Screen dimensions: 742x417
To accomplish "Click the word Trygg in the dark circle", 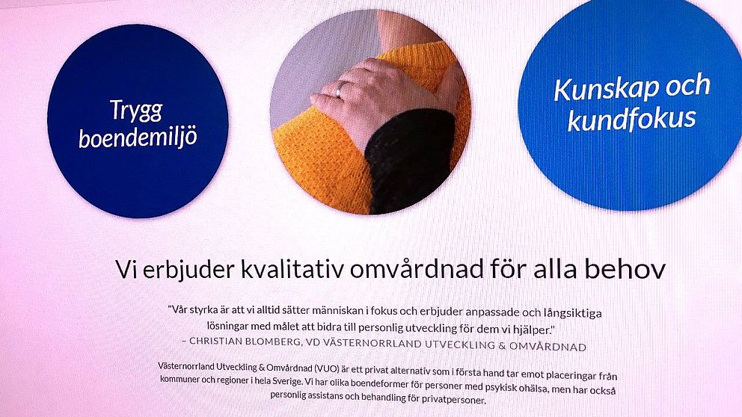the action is click(x=136, y=111).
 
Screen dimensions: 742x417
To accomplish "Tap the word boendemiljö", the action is click(x=138, y=138).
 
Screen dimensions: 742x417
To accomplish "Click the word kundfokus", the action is click(x=632, y=119).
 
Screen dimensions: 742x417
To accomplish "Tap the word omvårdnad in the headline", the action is click(x=417, y=270).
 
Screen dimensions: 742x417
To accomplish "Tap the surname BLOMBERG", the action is click(x=274, y=342).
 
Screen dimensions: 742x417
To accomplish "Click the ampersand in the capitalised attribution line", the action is click(x=502, y=345).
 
